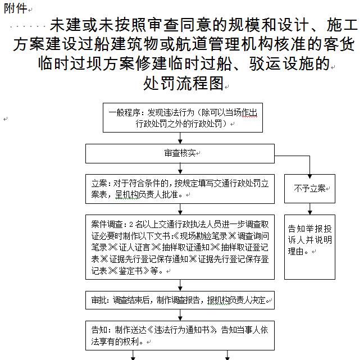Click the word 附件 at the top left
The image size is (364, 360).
(x=16, y=8)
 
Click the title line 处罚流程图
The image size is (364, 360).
(x=183, y=83)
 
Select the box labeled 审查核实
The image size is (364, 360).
(x=180, y=153)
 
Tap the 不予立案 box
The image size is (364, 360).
(x=310, y=189)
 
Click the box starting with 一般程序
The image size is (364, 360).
(x=183, y=118)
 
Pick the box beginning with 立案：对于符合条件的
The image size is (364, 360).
(x=180, y=189)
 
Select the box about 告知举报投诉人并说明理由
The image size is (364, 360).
(x=310, y=247)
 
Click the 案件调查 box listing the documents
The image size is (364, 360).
(x=180, y=247)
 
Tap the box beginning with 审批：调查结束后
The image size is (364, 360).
(x=180, y=300)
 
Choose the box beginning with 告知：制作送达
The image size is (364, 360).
(x=180, y=335)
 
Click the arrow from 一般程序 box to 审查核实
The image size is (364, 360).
(x=180, y=138)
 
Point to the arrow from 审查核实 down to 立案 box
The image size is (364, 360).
(x=180, y=168)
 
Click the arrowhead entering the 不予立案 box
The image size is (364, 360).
(x=310, y=176)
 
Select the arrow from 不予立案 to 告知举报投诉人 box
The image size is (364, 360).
(x=310, y=209)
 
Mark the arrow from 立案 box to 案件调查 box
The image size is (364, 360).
(x=180, y=209)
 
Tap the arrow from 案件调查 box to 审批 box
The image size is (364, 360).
(x=180, y=285)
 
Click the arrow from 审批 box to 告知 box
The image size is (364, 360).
(x=180, y=315)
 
